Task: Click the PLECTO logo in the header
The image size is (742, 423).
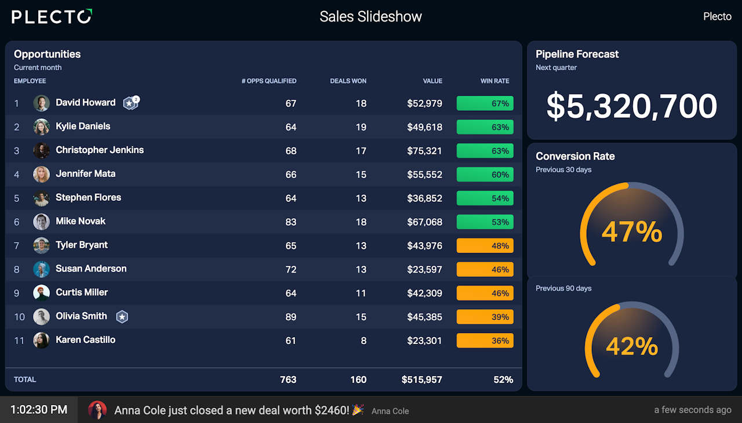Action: [x=52, y=16]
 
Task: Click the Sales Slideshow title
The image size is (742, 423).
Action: [x=370, y=16]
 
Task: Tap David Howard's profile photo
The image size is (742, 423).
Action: [x=41, y=103]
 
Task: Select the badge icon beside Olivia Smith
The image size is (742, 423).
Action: [x=122, y=317]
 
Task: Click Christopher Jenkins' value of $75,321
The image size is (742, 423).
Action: [x=424, y=151]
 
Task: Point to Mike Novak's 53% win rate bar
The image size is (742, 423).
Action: [x=485, y=222]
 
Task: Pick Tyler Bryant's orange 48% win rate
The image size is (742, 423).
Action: [x=485, y=246]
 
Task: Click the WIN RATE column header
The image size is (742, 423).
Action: [x=494, y=81]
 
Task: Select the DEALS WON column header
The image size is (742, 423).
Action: [x=348, y=81]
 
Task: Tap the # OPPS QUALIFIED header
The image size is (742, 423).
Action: [x=268, y=81]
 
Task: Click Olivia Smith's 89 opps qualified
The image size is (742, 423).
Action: [x=290, y=317]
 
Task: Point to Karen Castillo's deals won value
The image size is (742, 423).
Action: [x=363, y=341]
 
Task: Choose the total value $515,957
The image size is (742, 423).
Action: [x=421, y=379]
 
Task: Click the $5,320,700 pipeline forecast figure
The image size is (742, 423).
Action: [x=632, y=106]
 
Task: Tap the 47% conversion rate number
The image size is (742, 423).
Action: [x=632, y=232]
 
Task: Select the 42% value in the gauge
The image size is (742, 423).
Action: [x=632, y=346]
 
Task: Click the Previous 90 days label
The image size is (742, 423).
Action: [x=563, y=288]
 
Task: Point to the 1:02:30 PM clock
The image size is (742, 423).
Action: [x=39, y=410]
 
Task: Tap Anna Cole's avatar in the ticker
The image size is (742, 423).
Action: [x=97, y=410]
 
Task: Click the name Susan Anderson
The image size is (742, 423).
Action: [x=91, y=269]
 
